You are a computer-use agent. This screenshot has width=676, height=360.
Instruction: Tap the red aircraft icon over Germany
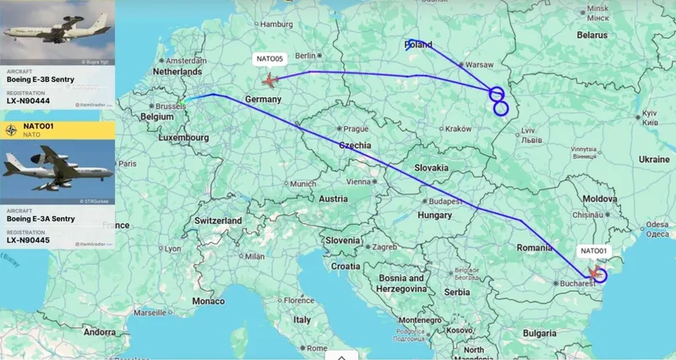click(x=270, y=80)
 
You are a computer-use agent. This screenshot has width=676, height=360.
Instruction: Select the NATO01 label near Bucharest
click(x=592, y=251)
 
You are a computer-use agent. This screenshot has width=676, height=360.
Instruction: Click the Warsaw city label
click(x=479, y=64)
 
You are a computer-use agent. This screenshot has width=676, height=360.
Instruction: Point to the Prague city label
click(x=356, y=128)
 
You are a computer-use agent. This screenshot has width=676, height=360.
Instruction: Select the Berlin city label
click(x=305, y=55)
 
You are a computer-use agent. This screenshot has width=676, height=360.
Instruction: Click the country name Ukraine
click(x=653, y=159)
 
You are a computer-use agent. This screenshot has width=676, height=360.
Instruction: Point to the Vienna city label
click(x=358, y=181)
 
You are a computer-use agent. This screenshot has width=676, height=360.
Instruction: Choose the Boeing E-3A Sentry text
click(x=42, y=220)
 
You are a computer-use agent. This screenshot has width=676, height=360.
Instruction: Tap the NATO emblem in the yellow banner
click(x=10, y=130)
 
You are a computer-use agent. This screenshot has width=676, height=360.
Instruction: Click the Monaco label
click(x=210, y=301)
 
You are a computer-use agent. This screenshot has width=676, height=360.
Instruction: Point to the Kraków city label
click(x=458, y=128)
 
